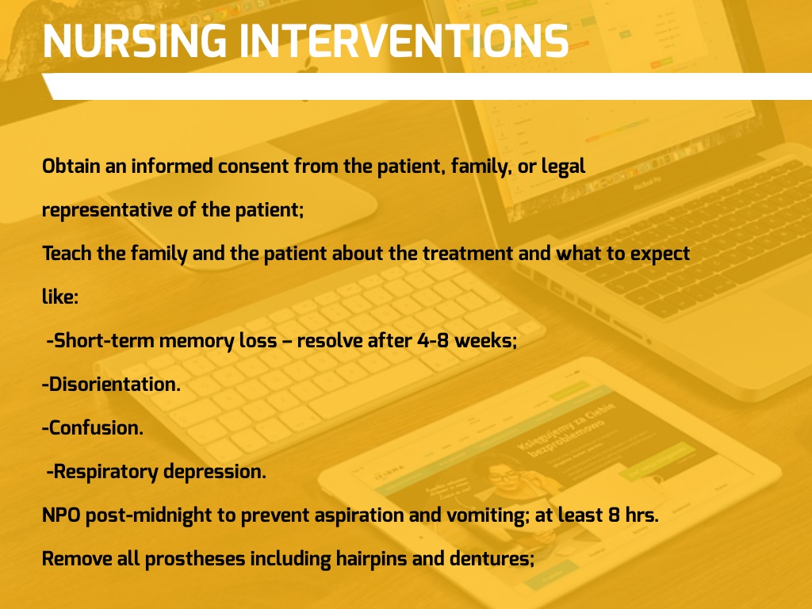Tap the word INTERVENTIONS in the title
pos(404,41)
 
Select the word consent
pos(253,167)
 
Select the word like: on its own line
pos(60,297)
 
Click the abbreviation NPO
pos(61,515)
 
